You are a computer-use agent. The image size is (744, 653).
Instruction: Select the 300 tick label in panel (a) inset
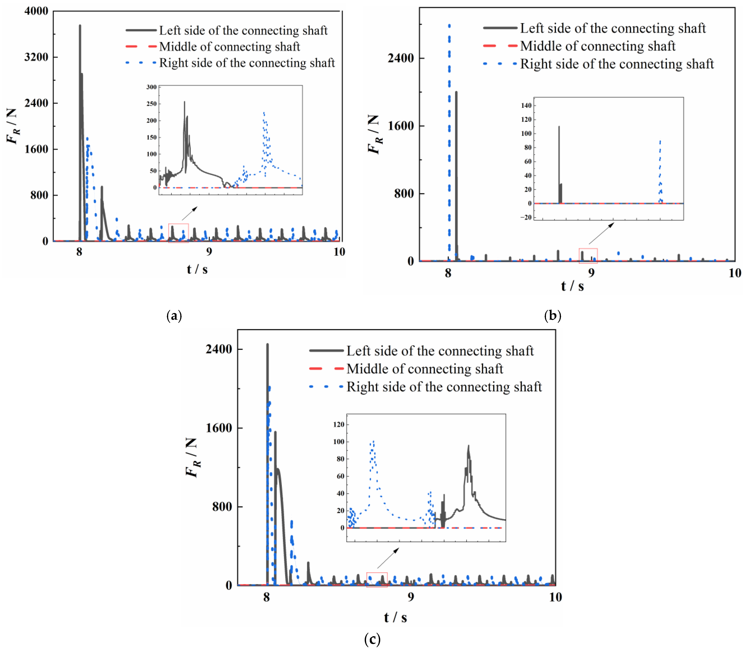(x=151, y=87)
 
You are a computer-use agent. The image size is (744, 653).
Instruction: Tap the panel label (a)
(x=174, y=316)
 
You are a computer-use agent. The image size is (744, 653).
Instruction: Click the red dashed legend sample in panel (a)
(x=141, y=46)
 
